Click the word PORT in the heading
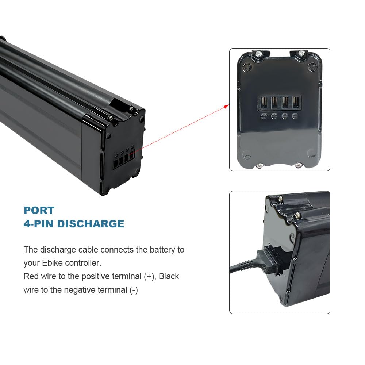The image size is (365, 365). (39, 210)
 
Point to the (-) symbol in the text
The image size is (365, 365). (134, 290)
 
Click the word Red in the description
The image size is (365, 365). (31, 276)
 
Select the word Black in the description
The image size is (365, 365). (169, 276)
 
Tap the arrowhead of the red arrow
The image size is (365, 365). (227, 106)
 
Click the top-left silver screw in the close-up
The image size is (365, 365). (258, 54)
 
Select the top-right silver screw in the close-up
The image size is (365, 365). (301, 54)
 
